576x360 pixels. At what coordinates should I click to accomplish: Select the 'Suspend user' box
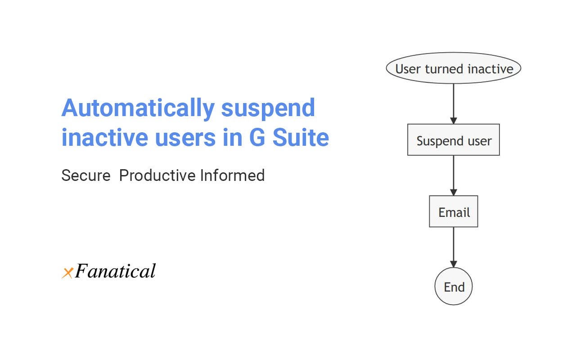[x=453, y=140]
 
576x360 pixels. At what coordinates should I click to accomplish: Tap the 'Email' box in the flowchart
[x=453, y=211]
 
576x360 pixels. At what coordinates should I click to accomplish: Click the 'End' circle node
[x=453, y=287]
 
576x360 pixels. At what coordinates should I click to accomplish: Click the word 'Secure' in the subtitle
[x=86, y=175]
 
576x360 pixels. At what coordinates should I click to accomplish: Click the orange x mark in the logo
[x=67, y=273]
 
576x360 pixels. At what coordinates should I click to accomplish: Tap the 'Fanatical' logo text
[x=115, y=271]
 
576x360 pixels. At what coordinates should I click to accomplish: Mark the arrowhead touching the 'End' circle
[x=453, y=264]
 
